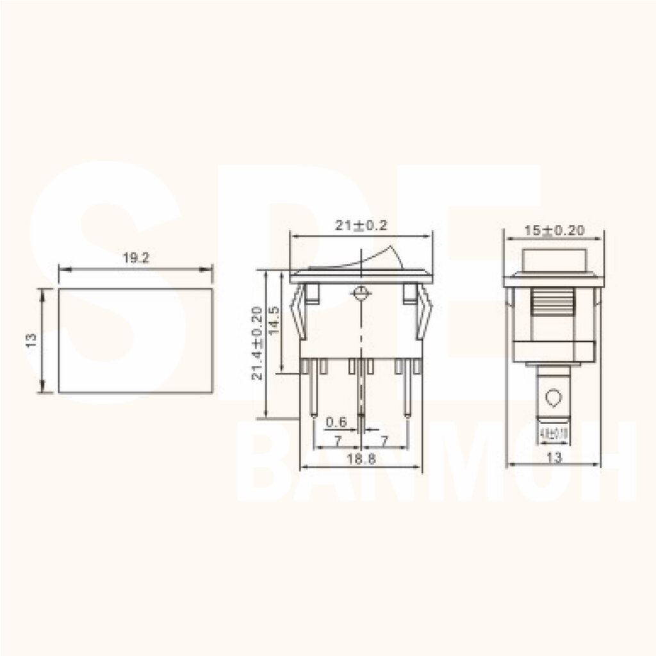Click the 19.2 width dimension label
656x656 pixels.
tap(136, 258)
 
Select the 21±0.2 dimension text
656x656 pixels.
tap(361, 225)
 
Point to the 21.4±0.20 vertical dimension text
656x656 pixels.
tap(257, 343)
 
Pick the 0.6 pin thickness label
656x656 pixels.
tap(336, 422)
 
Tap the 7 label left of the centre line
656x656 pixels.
tap(338, 441)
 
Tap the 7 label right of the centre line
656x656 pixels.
tap(384, 441)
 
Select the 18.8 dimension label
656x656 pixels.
tap(361, 459)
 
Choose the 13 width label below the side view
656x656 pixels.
tap(555, 457)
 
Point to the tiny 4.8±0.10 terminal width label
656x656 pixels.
tap(554, 434)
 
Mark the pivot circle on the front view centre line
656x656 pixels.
tap(361, 295)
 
